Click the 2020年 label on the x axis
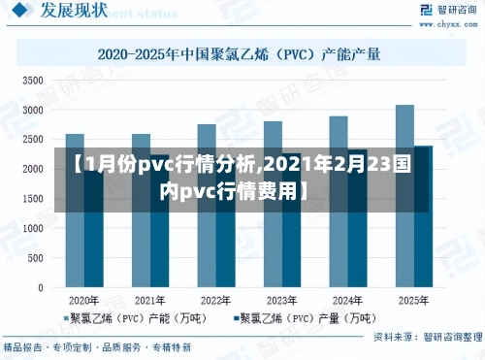pyautogui.click(x=83, y=300)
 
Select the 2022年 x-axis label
pyautogui.click(x=215, y=300)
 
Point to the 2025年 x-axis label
pyautogui.click(x=413, y=300)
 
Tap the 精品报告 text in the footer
pyautogui.click(x=23, y=346)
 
